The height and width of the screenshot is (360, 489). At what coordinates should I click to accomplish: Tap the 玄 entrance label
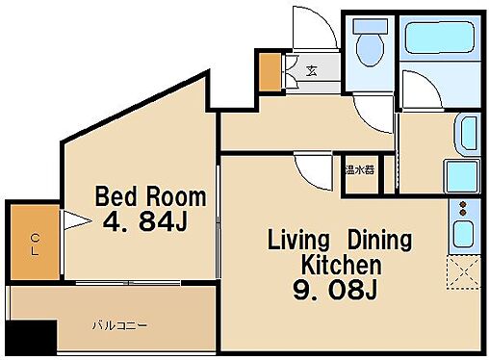click(314, 69)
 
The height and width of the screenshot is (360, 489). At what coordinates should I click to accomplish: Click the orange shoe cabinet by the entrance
click(269, 68)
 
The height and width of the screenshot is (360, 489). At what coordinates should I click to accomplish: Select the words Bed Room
click(149, 197)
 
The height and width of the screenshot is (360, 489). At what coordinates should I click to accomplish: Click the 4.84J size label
click(144, 222)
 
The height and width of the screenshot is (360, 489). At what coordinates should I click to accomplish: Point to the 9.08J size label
click(331, 289)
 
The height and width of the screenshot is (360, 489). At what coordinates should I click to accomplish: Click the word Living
click(298, 239)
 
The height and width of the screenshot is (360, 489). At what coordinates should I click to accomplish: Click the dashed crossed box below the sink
click(462, 273)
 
